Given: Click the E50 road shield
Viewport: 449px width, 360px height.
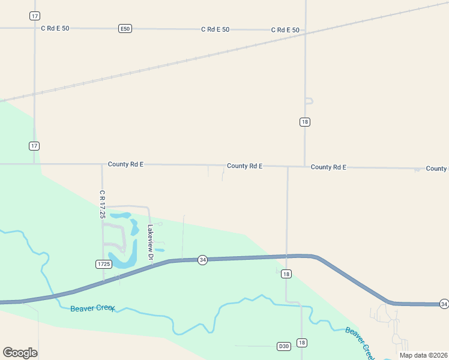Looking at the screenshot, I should click(x=125, y=29).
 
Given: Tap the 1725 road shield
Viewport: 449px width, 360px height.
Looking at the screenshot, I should click(x=103, y=264).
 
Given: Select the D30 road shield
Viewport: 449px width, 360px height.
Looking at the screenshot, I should click(x=284, y=346).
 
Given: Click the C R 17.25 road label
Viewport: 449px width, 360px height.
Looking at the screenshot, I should click(x=103, y=204).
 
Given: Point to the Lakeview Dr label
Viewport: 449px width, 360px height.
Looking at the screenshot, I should click(x=151, y=245).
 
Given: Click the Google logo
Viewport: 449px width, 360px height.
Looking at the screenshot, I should click(x=20, y=353).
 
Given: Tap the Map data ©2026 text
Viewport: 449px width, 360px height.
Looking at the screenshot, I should click(x=423, y=355).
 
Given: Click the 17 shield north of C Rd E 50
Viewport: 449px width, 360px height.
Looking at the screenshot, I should click(x=34, y=16).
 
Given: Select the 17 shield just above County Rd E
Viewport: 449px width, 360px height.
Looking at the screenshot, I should click(x=34, y=146).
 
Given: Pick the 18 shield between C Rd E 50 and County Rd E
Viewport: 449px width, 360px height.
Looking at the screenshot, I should click(x=305, y=122).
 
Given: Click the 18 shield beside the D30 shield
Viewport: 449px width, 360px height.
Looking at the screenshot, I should click(x=302, y=343).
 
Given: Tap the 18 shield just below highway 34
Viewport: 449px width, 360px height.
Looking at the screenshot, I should click(x=286, y=274).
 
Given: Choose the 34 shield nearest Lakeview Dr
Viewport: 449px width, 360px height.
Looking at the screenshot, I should click(x=203, y=260).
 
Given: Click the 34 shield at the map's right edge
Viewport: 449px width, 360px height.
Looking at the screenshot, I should click(x=444, y=304).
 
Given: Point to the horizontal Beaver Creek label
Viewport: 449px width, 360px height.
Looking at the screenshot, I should click(x=92, y=309).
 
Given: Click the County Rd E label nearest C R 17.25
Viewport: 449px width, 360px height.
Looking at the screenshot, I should click(x=125, y=164).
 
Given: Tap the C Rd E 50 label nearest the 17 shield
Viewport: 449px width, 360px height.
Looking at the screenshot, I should click(x=55, y=28).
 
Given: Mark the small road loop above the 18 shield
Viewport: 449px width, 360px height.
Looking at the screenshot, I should click(x=309, y=101).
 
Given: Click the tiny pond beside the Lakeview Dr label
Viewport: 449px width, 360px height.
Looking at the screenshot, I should click(x=159, y=250).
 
